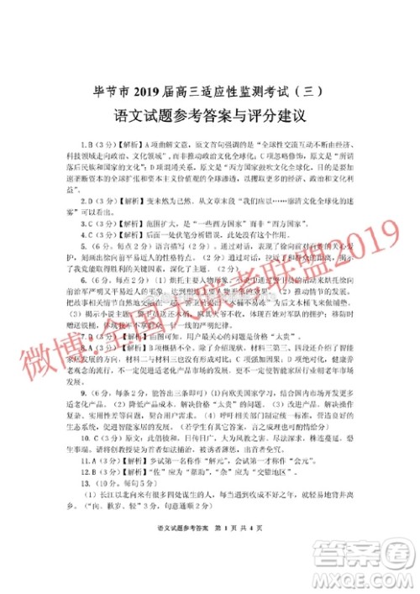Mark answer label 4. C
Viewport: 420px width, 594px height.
(x=88, y=235)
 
